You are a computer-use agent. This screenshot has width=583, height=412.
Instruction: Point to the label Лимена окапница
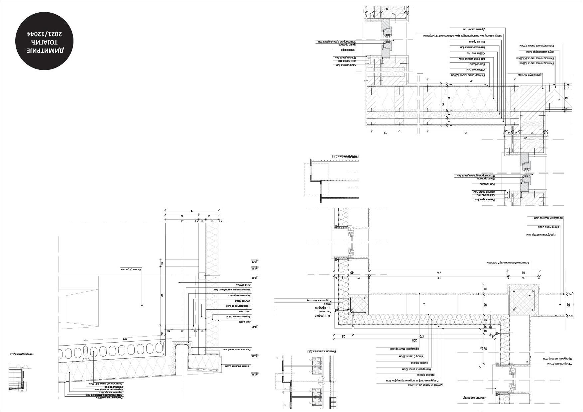(473, 398)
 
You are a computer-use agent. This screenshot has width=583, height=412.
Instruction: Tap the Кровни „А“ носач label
(131, 269)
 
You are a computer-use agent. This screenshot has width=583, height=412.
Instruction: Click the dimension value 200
(414, 341)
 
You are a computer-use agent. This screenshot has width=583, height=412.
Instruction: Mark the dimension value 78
(192, 211)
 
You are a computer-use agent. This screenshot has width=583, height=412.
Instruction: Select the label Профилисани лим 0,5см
(109, 398)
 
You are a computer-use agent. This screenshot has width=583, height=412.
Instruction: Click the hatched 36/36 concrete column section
(523, 301)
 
